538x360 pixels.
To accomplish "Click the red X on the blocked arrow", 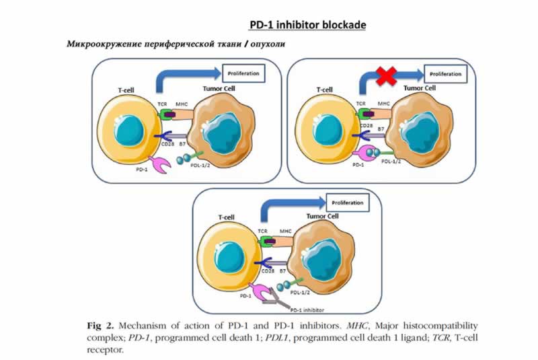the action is tap(387, 76).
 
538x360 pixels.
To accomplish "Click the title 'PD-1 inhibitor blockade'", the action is tap(307, 25).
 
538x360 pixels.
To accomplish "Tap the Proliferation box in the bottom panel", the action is tap(347, 203).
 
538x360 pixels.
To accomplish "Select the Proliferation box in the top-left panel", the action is tap(243, 73).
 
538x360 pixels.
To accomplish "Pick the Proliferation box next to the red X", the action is tap(446, 74).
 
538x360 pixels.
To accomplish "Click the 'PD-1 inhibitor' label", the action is tap(307, 310).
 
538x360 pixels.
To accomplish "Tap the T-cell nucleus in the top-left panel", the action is tap(128, 131).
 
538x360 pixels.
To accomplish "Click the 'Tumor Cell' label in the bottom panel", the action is tap(322, 216).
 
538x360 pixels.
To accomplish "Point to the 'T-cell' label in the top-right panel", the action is tap(324, 89).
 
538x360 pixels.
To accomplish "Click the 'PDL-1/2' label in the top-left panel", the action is tap(200, 166).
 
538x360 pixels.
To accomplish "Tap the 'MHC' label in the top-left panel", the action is tap(182, 104).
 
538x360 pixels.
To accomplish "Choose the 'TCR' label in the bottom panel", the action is tap(262, 231).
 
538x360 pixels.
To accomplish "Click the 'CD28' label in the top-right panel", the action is tap(367, 126).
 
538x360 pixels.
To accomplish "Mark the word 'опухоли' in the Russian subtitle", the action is tap(268, 44).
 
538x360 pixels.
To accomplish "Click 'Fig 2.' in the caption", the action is tap(100, 326).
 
